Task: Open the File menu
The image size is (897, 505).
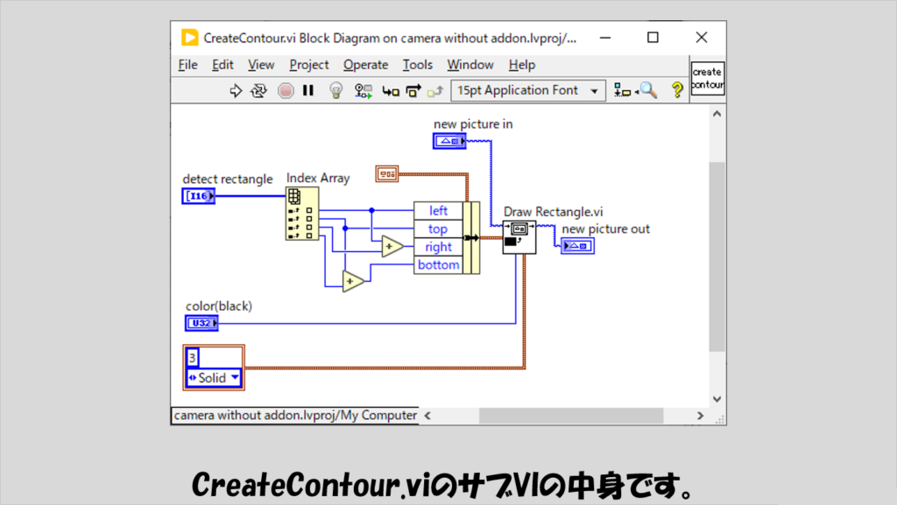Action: coord(187,65)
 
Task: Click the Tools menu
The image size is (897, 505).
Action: coord(418,65)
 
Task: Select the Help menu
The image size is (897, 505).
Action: coord(522,65)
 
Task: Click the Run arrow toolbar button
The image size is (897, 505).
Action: coord(236,91)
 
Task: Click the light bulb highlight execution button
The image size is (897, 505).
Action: coord(335,90)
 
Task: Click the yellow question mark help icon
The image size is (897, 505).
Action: coord(677,90)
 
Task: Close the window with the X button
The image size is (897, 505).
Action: coord(702,38)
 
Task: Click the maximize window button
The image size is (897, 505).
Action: coord(653,38)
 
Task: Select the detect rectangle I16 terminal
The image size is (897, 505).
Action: coord(199,196)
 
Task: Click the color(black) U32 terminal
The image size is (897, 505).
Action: coord(201,323)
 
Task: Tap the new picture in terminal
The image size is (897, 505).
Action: coord(449,141)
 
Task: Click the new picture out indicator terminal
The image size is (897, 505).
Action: coord(578,246)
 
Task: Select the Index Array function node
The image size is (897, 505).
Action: coord(302,214)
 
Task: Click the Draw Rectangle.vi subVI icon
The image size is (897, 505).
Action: coord(519,237)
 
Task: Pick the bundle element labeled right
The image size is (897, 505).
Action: coord(438,247)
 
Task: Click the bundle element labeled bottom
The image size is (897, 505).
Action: coord(438,265)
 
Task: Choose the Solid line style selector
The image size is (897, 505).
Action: coord(214,377)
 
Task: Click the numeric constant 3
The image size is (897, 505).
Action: coord(193,358)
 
